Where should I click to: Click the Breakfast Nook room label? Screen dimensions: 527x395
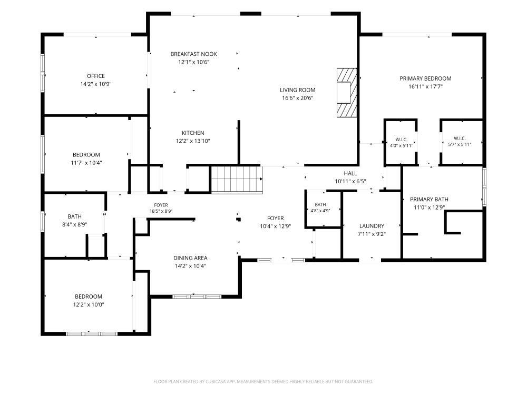[x=193, y=54]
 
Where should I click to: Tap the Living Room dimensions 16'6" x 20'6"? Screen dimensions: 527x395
[x=298, y=98]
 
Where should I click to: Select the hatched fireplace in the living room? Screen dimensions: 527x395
[x=347, y=93]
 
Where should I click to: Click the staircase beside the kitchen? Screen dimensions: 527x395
[x=237, y=180]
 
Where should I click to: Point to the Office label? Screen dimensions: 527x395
[x=96, y=76]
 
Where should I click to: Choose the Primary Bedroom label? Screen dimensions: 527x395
[x=425, y=78]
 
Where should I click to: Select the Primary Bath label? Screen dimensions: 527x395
[x=429, y=199]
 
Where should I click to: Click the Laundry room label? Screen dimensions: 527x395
[x=372, y=226]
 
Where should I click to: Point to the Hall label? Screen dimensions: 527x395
[x=350, y=173]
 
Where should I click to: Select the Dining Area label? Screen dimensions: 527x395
[x=190, y=258]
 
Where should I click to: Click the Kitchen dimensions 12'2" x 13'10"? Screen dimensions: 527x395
[x=193, y=141]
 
